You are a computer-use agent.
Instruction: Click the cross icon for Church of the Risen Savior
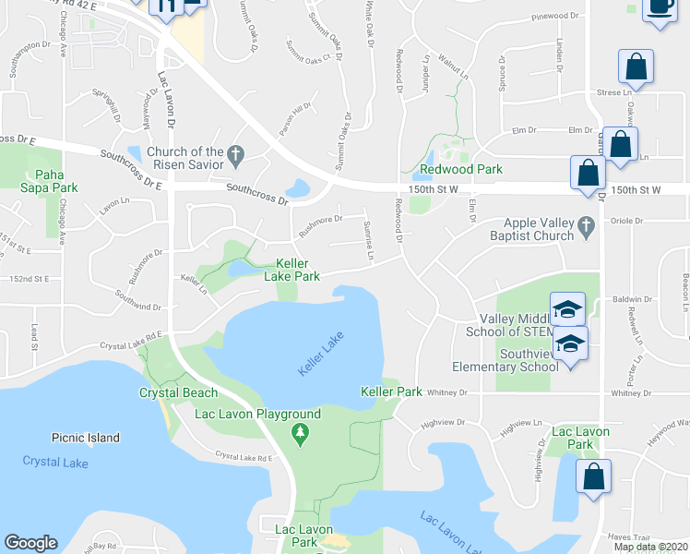click(235, 158)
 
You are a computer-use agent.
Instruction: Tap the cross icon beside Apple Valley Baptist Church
click(585, 223)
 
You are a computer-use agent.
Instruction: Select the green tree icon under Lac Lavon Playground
click(299, 432)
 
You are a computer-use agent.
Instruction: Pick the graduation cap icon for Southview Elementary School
click(571, 343)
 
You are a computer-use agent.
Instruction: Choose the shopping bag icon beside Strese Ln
click(636, 66)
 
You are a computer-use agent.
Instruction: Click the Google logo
click(30, 543)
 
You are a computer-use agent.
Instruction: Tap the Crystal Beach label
click(165, 391)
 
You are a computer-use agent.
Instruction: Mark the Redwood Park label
click(460, 170)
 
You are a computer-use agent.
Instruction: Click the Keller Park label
click(391, 392)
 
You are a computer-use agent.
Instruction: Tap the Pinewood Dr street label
click(559, 18)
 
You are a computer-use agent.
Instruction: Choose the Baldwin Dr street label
click(635, 300)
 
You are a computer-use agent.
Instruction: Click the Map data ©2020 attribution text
click(650, 547)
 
